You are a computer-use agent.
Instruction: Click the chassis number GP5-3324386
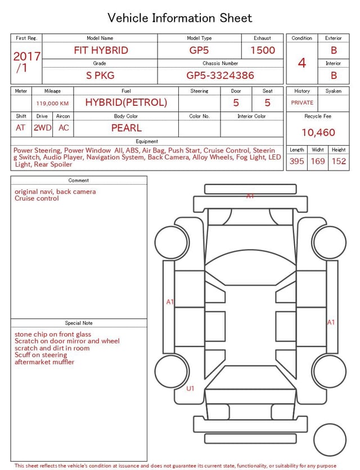tap(220, 75)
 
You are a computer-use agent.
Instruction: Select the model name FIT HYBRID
tap(101, 50)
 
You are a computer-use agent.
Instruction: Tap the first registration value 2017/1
tap(26, 62)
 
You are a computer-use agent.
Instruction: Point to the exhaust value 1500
tap(263, 50)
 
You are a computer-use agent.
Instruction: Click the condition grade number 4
tap(302, 63)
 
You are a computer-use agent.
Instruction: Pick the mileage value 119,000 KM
tap(52, 104)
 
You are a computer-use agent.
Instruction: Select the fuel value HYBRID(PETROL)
tap(126, 102)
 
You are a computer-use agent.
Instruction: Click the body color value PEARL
tap(127, 128)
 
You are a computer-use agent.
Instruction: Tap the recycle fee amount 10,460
tap(318, 132)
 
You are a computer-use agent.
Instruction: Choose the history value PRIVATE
tap(302, 102)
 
